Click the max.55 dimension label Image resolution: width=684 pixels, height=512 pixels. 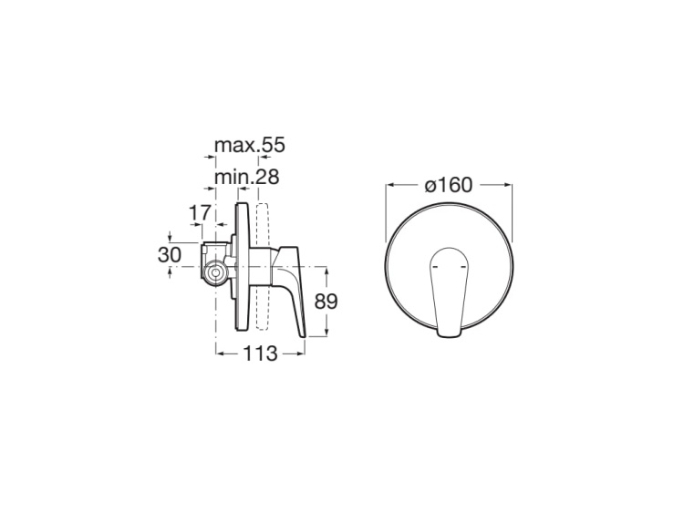249,145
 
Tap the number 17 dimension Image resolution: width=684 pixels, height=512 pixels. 198,212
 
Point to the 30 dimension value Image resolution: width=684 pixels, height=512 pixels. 169,255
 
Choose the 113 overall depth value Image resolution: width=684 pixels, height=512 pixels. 259,354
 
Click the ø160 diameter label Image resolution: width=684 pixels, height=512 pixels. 448,185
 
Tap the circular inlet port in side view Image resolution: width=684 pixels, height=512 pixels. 216,271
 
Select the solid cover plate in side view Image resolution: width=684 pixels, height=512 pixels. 242,269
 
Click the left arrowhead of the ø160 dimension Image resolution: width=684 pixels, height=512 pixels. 390,185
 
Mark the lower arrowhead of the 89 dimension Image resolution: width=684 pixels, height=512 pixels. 326,335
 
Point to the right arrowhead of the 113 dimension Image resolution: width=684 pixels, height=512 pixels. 303,354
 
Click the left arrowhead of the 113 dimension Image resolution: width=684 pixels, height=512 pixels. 218,354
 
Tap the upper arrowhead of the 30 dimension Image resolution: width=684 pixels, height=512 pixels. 171,240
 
